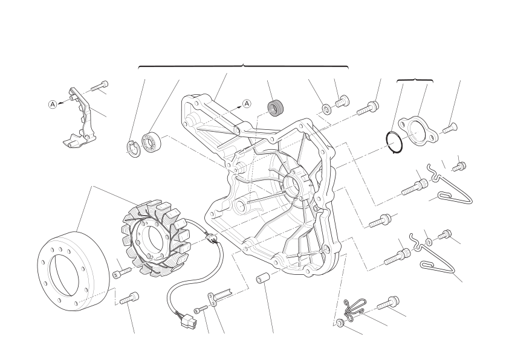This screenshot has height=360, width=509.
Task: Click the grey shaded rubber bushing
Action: click(276, 108)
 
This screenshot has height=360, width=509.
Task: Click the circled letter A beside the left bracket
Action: click(53, 104)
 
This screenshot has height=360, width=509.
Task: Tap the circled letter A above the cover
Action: click(247, 103)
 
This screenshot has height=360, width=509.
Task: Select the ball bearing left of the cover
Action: click(151, 143)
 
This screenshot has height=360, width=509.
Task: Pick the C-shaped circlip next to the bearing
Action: click(133, 149)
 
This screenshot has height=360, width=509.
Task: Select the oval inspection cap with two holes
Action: click(418, 131)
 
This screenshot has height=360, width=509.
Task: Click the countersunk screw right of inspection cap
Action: click(449, 129)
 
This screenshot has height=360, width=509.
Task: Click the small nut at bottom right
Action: click(340, 323)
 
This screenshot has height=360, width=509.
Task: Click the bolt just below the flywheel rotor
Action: click(130, 298)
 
